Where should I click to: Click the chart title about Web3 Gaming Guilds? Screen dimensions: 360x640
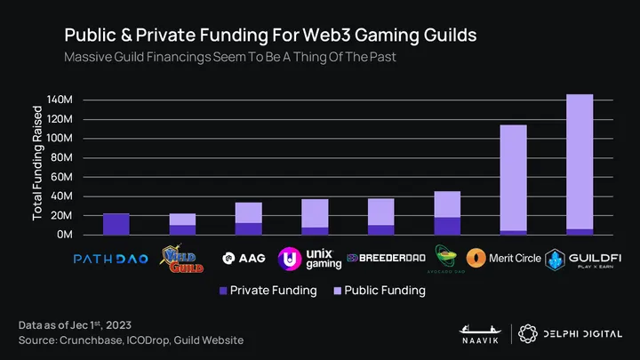[270, 34]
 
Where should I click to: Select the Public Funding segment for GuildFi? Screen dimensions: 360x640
[580, 161]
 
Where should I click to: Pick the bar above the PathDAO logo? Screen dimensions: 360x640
[116, 224]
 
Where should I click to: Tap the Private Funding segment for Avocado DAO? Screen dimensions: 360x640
[447, 226]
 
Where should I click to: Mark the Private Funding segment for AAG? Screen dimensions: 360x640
[249, 228]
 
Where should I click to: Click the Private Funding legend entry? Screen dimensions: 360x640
[271, 290]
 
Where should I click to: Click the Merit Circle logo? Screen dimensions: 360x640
[504, 259]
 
